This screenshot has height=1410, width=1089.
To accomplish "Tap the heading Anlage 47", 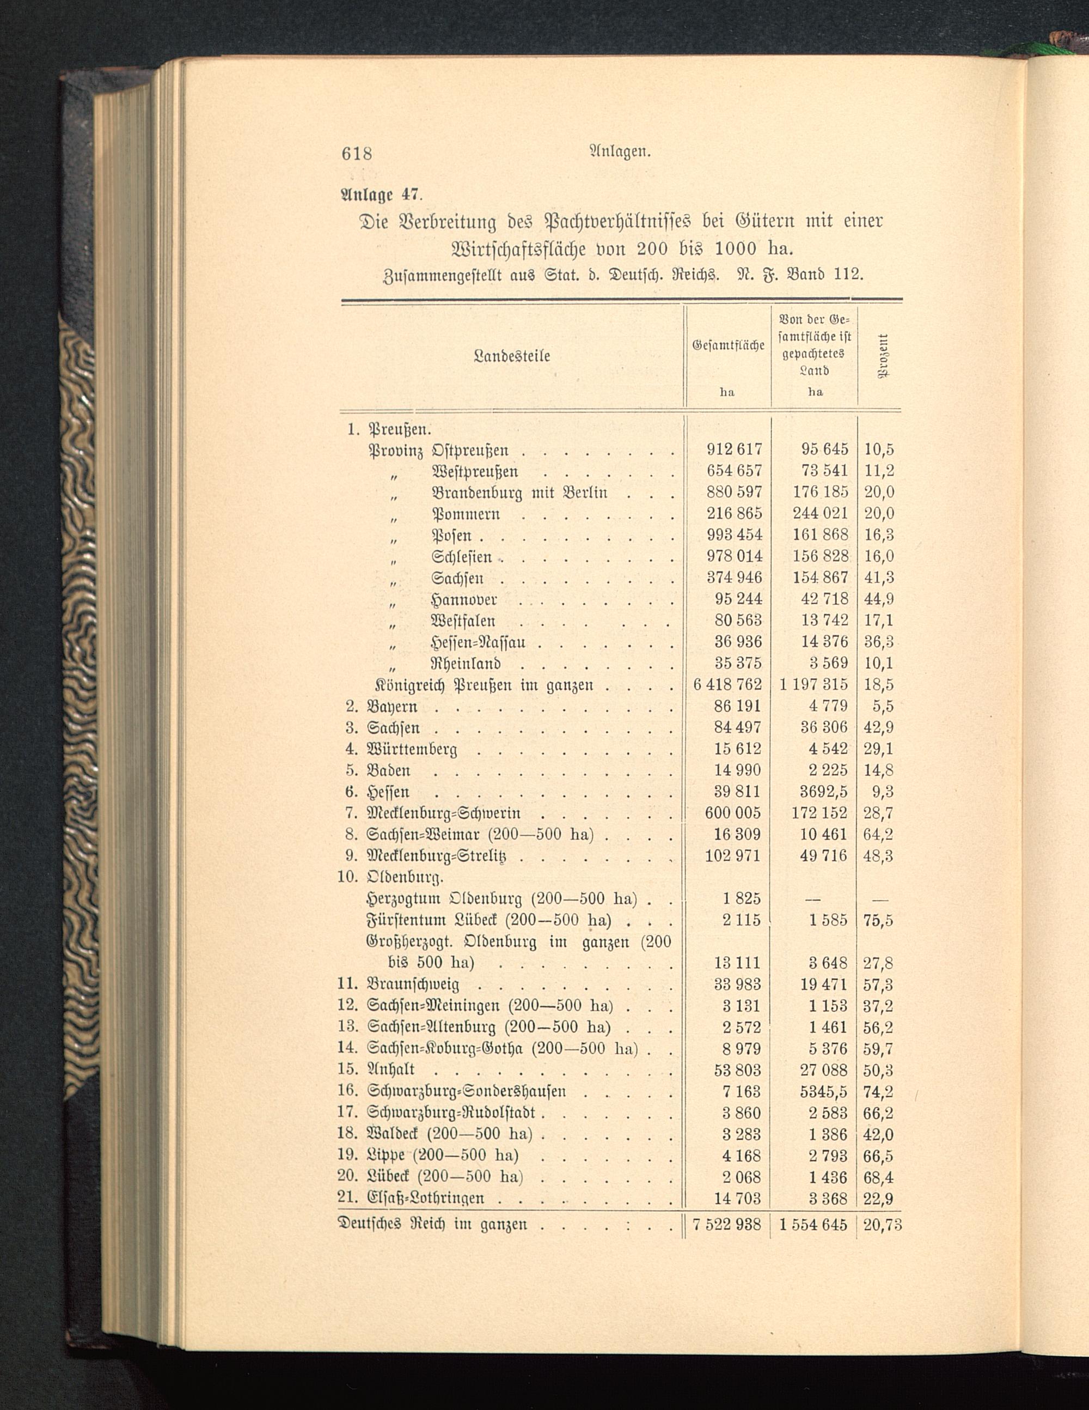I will click(383, 193).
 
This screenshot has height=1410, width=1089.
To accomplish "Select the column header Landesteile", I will click(512, 356).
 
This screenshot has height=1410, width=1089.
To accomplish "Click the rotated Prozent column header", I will click(883, 356).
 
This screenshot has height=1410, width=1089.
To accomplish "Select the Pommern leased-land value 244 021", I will click(820, 513).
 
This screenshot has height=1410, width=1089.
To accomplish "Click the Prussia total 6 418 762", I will click(727, 684).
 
